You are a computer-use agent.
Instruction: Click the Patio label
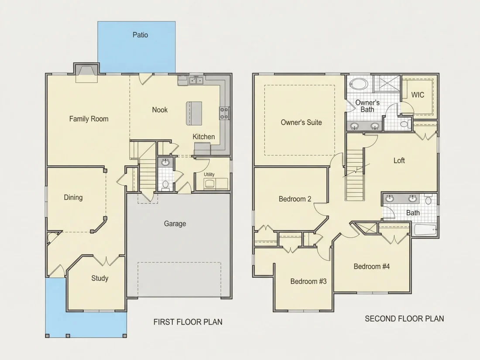point(140,35)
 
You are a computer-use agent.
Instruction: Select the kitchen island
point(194,113)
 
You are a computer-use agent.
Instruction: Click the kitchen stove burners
point(224,113)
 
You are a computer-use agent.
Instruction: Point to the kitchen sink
point(196,80)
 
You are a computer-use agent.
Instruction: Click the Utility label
point(209,175)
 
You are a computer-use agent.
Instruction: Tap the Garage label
point(175,224)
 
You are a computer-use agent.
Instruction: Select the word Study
point(100,278)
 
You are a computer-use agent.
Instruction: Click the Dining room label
point(73,198)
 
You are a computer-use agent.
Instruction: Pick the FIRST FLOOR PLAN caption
point(188,322)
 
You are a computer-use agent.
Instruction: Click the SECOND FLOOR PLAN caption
point(405,319)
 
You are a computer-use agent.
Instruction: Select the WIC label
point(418,95)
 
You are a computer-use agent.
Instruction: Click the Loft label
point(399,161)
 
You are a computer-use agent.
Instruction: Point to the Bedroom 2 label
point(295,199)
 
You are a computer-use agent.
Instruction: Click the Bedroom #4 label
point(372,266)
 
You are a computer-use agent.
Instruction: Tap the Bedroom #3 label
point(309,281)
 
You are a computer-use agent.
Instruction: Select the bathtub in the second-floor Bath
point(425,230)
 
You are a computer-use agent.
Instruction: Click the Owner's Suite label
point(301,123)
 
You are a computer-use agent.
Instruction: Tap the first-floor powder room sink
point(165,162)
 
